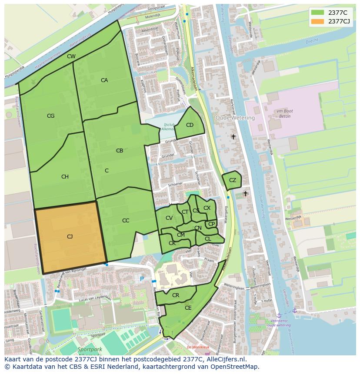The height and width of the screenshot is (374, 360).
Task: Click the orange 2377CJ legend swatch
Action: click(317, 21)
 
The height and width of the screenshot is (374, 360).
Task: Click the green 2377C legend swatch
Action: click(317, 12)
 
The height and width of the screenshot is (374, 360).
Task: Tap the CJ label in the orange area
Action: click(70, 237)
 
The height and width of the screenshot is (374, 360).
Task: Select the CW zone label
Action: click(71, 56)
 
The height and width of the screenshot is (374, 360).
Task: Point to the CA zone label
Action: click(104, 80)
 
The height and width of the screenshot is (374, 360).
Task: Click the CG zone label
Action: click(50, 116)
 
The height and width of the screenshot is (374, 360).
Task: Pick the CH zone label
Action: click(65, 177)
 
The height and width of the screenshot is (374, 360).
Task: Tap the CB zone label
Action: click(120, 151)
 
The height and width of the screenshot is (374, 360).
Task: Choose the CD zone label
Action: click(190, 125)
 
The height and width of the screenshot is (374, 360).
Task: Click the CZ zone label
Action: click(233, 180)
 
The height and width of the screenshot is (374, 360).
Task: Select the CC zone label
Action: click(126, 221)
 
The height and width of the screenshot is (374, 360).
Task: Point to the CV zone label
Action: click(169, 218)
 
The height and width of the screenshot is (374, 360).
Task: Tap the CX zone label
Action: click(207, 208)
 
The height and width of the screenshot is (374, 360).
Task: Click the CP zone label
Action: click(211, 224)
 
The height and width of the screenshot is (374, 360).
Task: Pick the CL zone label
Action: click(208, 239)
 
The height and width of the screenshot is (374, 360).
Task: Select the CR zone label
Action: click(176, 295)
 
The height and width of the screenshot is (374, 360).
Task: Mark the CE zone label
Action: click(188, 308)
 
